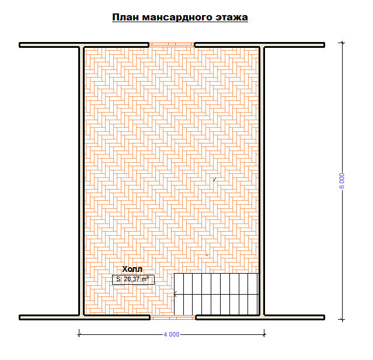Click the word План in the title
126,18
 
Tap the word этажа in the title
232,18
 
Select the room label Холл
133,269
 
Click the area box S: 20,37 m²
133,279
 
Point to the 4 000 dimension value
172,334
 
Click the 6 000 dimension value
341,181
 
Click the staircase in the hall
216,294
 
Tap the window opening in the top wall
172,45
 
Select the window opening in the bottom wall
173,317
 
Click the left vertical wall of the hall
81,181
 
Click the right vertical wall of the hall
262,181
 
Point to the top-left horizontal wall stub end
20,45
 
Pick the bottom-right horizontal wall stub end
324,317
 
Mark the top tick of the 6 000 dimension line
342,43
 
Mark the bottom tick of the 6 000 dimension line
342,320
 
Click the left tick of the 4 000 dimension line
79,334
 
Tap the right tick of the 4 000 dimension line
264,334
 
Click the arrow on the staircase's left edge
176,295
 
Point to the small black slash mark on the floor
215,180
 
